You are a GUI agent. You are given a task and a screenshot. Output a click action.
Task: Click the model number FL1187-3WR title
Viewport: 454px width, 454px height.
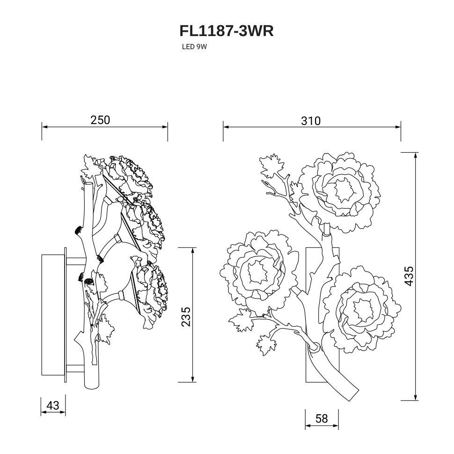tap(227, 31)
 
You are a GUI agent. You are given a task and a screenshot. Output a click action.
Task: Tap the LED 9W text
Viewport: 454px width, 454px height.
tap(194, 47)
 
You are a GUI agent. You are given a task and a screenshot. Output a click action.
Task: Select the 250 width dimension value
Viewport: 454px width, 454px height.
tap(100, 120)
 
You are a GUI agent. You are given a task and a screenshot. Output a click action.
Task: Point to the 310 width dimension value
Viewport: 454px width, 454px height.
tap(311, 121)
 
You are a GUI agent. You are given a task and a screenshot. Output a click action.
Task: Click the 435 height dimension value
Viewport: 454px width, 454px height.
tap(409, 276)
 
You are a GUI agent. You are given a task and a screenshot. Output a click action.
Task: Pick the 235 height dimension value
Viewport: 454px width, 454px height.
tap(185, 316)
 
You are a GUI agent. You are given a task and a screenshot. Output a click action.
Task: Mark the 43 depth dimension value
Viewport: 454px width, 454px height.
tap(53, 405)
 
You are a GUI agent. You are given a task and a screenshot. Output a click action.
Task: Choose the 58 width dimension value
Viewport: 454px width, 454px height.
tap(322, 418)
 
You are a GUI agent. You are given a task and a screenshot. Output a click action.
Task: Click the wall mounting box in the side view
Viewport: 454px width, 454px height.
tap(53, 315)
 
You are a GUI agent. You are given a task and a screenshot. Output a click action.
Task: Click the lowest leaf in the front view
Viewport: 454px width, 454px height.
tap(265, 345)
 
